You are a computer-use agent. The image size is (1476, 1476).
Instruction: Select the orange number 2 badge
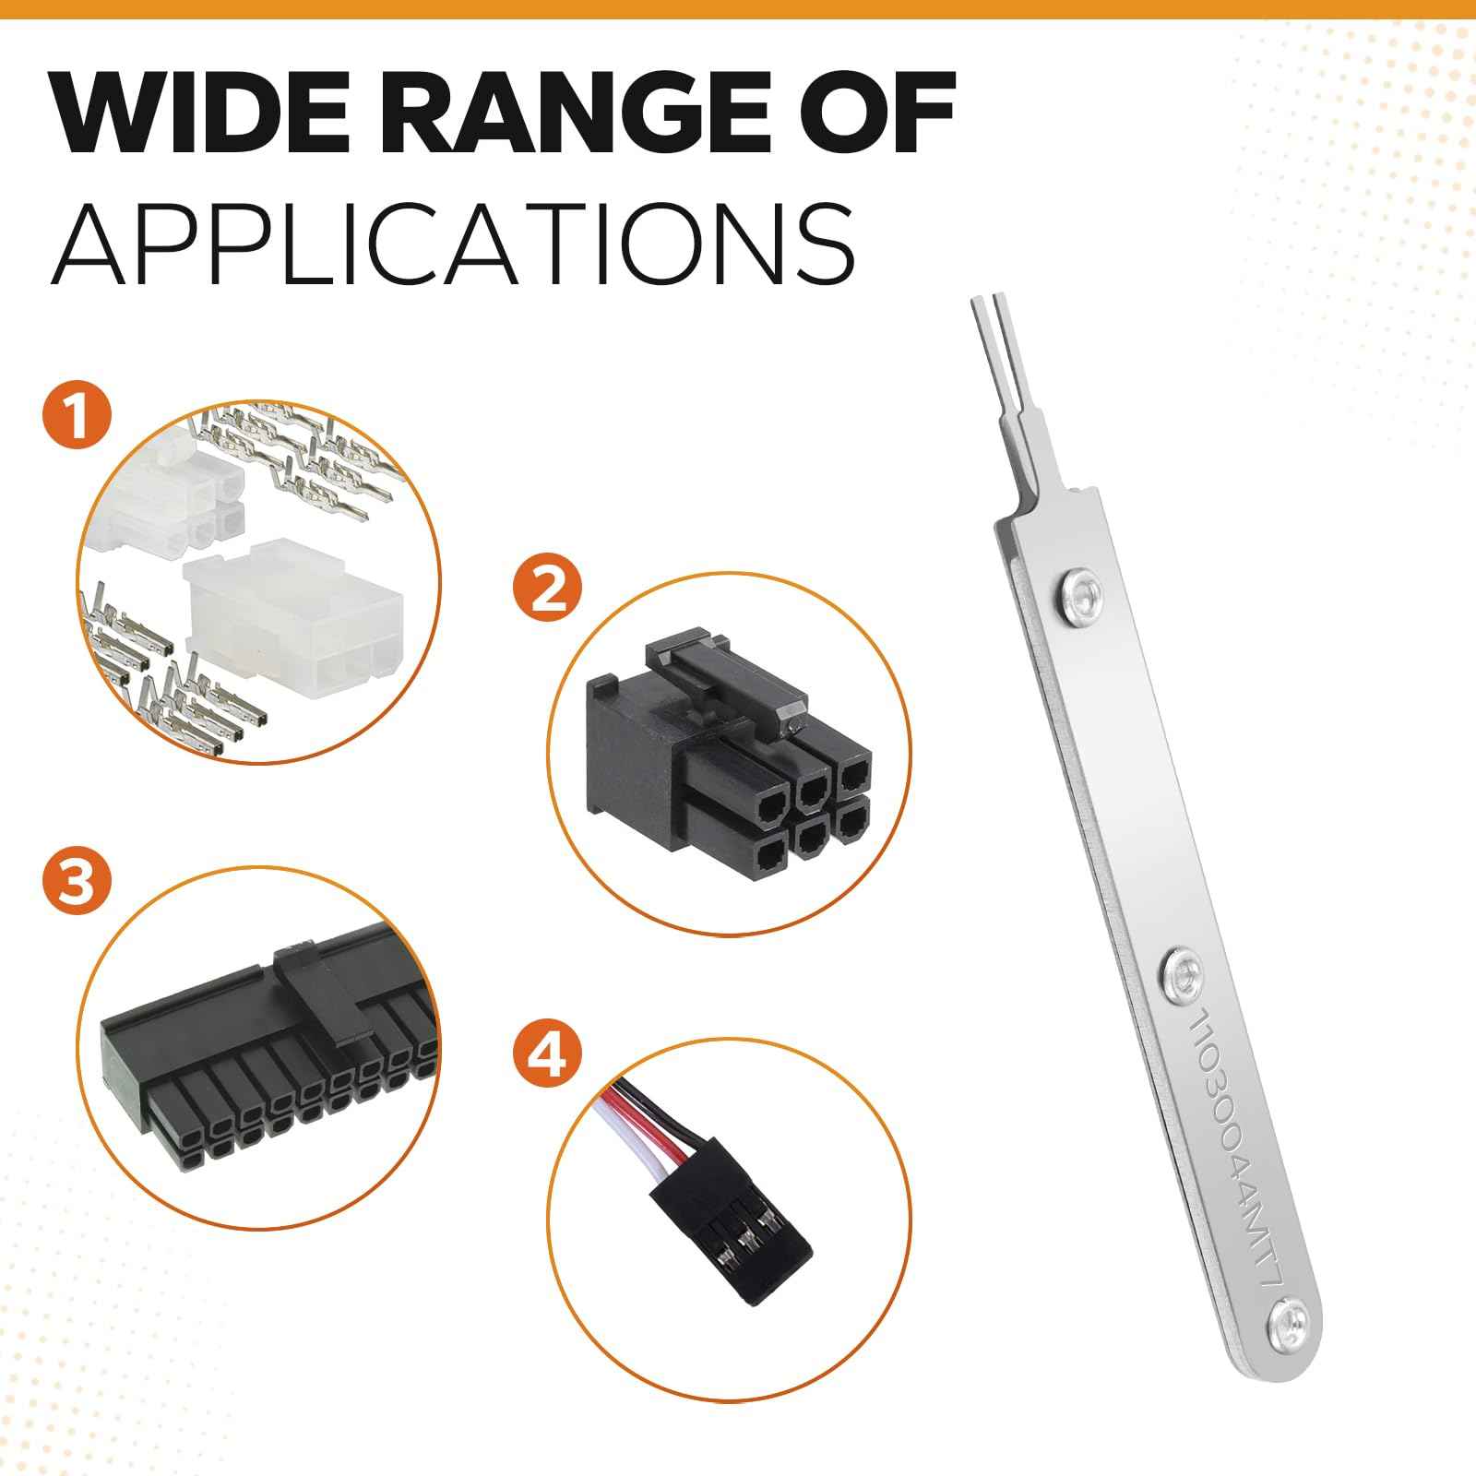tap(549, 590)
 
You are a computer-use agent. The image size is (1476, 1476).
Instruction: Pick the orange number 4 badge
tap(549, 1059)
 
